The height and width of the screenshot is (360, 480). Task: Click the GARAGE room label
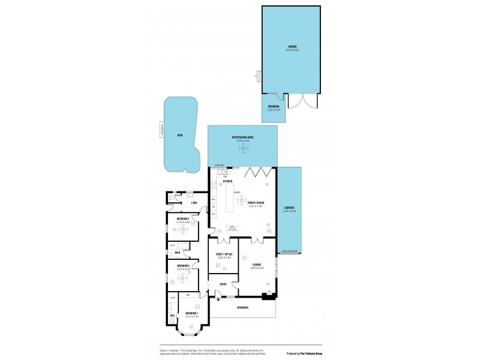tap(292, 46)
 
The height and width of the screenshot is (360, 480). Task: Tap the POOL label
tap(180, 136)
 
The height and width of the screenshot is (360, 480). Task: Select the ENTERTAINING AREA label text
tap(243, 137)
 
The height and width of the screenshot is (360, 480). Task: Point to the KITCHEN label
tap(227, 181)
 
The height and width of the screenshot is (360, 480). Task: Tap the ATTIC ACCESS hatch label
tap(231, 228)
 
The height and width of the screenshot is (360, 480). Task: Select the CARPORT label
tap(289, 208)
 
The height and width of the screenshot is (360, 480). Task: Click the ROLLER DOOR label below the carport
tap(289, 251)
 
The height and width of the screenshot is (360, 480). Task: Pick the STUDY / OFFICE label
tap(223, 254)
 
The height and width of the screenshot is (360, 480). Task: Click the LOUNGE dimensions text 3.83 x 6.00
tap(257, 268)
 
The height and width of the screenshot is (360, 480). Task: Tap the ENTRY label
tap(223, 284)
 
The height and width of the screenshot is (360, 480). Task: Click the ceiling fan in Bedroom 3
tap(184, 229)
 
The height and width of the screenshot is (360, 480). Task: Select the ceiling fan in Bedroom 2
tap(184, 277)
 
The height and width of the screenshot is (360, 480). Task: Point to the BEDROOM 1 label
tap(192, 313)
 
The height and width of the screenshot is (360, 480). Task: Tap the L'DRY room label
tap(194, 203)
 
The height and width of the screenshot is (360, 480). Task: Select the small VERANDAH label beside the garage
tap(273, 106)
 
